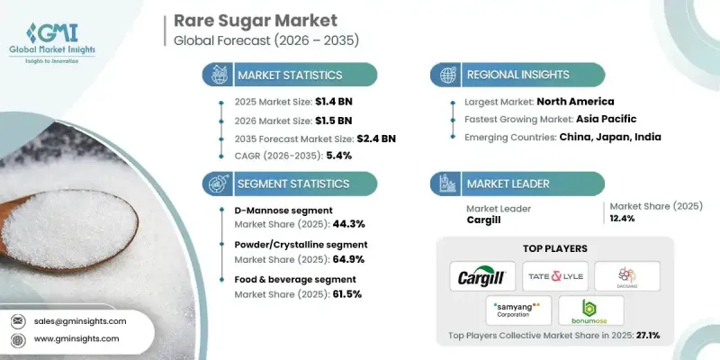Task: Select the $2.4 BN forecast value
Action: pos(373,138)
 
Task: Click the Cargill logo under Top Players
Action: pos(477,276)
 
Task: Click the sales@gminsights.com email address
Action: pos(82,321)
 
